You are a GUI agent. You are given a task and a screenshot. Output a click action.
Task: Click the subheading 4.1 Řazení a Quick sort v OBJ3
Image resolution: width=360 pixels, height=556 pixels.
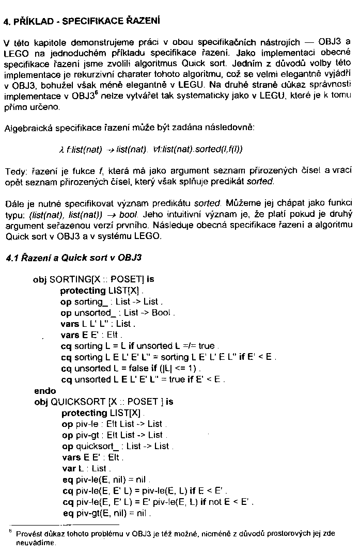click(73, 257)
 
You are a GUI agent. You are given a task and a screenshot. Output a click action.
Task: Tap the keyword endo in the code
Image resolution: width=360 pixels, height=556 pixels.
click(44, 391)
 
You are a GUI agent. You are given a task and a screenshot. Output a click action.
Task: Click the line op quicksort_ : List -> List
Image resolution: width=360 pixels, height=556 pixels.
click(117, 446)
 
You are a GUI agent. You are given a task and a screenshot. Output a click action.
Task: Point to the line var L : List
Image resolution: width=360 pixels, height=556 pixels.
click(84, 468)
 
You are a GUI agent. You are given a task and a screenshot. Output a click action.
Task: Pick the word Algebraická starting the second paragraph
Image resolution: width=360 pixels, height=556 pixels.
click(26, 128)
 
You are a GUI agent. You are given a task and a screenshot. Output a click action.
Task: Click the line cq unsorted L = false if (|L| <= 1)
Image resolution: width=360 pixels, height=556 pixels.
click(131, 369)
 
